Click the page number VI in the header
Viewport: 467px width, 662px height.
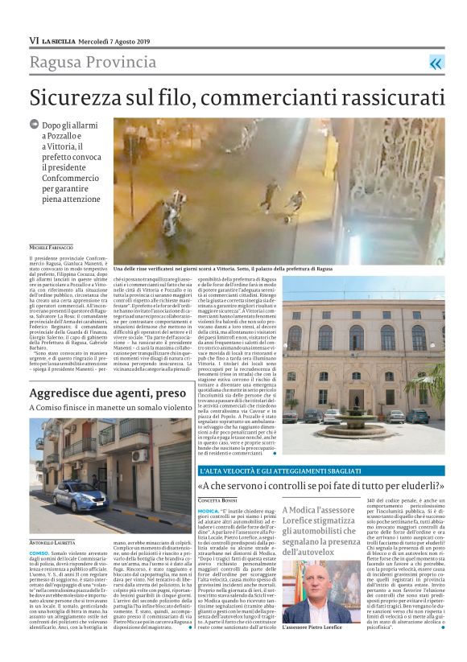pyautogui.click(x=33, y=39)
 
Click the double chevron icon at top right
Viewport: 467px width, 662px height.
pyautogui.click(x=436, y=64)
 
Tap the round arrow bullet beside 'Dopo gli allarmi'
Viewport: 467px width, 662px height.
pyautogui.click(x=34, y=125)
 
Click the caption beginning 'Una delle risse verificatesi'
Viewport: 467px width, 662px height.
pyautogui.click(x=221, y=268)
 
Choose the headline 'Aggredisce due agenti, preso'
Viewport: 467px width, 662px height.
pyautogui.click(x=107, y=393)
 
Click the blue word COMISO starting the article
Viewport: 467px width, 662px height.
pyautogui.click(x=39, y=553)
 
